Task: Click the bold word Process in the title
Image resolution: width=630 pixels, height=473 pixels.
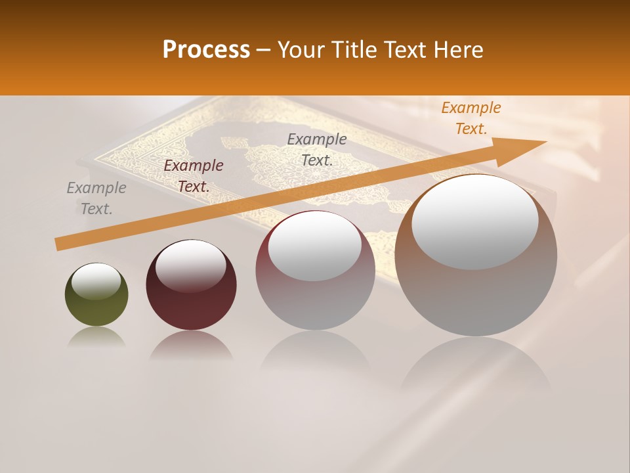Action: click(x=206, y=50)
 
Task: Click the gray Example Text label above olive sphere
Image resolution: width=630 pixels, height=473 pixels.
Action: click(x=96, y=198)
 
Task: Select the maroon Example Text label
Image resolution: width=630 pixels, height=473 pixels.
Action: click(x=194, y=176)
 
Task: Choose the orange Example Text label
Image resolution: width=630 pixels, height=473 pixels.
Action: click(x=471, y=118)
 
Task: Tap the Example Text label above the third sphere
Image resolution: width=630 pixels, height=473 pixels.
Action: click(x=317, y=149)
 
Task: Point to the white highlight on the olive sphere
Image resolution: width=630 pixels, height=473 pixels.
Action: click(x=96, y=281)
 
